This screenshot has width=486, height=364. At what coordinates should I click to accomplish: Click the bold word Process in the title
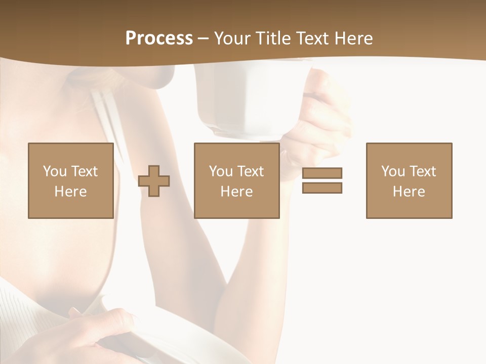pos(159,38)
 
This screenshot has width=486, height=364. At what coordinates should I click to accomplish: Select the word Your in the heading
pos(231,38)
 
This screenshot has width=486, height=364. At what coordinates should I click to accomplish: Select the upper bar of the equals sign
pos(322,173)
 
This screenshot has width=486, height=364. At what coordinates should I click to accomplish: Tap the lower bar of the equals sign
pos(322,188)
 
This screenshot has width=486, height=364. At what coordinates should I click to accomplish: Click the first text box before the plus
pos(71,180)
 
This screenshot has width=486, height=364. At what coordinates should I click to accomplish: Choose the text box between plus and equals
pos(236,180)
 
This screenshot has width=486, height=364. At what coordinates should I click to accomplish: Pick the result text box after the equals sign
pos(409,180)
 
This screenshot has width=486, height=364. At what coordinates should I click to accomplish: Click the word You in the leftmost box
pos(55,171)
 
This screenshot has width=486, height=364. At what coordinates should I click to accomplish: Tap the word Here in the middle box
pos(236,192)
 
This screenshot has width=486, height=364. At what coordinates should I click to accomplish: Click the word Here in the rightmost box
pos(409,192)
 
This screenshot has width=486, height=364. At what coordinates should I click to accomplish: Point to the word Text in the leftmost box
pos(84,171)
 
